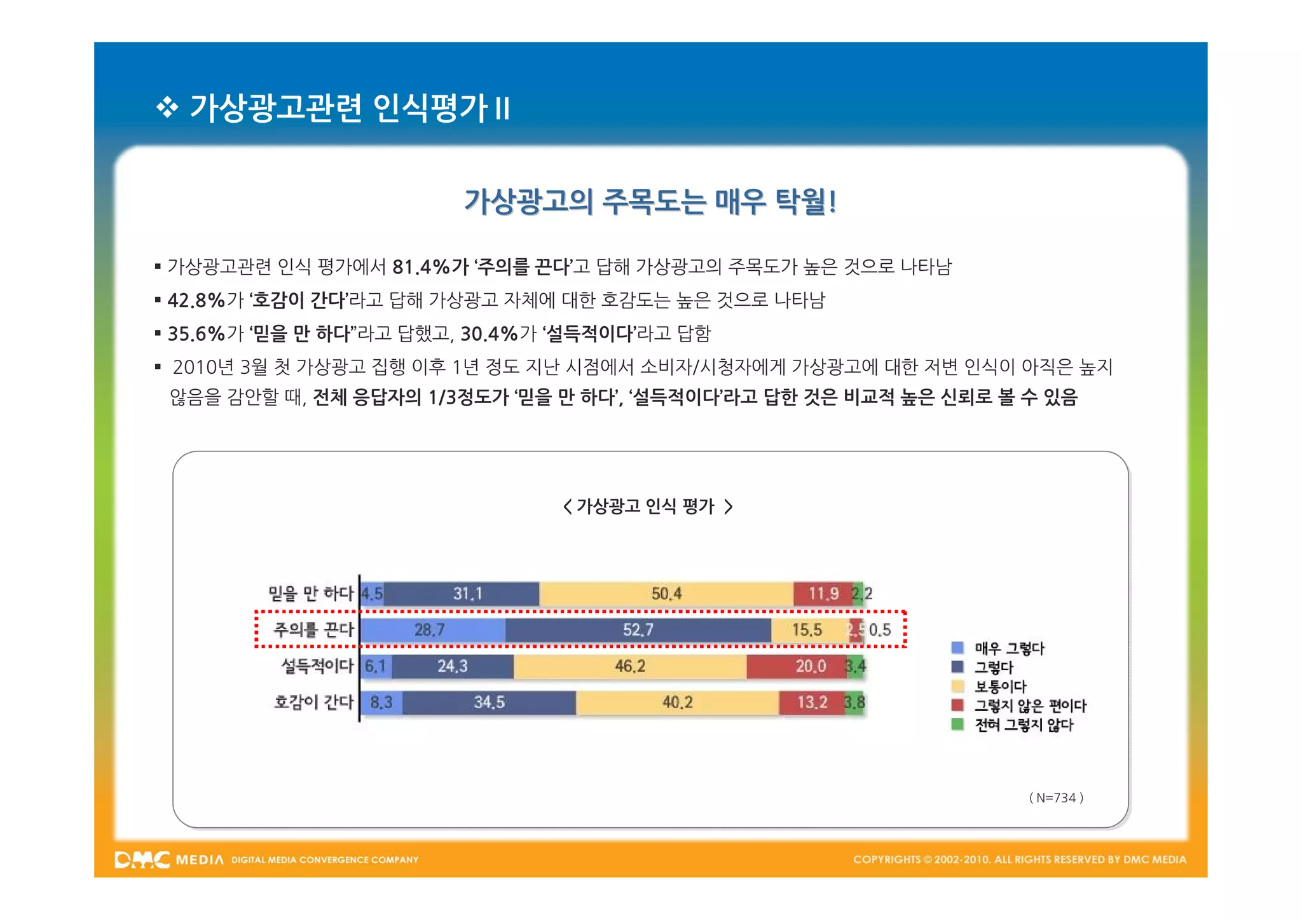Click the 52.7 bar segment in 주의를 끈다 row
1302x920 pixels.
tap(638, 630)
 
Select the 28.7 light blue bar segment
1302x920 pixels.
tap(432, 630)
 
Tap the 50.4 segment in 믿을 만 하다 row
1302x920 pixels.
tap(666, 594)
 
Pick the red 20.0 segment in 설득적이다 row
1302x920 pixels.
tap(796, 666)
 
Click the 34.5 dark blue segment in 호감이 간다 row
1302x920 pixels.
tap(489, 703)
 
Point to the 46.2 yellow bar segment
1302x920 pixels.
tap(629, 666)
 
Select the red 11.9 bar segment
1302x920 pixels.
tap(823, 594)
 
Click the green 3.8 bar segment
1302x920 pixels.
tap(854, 703)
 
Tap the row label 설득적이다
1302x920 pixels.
tap(317, 666)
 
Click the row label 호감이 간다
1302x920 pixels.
tap(313, 702)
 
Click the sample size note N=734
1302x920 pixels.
tap(1056, 798)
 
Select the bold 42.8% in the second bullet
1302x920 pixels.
tap(196, 300)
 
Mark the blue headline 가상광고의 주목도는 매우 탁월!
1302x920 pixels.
tap(650, 202)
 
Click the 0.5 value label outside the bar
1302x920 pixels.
tap(880, 630)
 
